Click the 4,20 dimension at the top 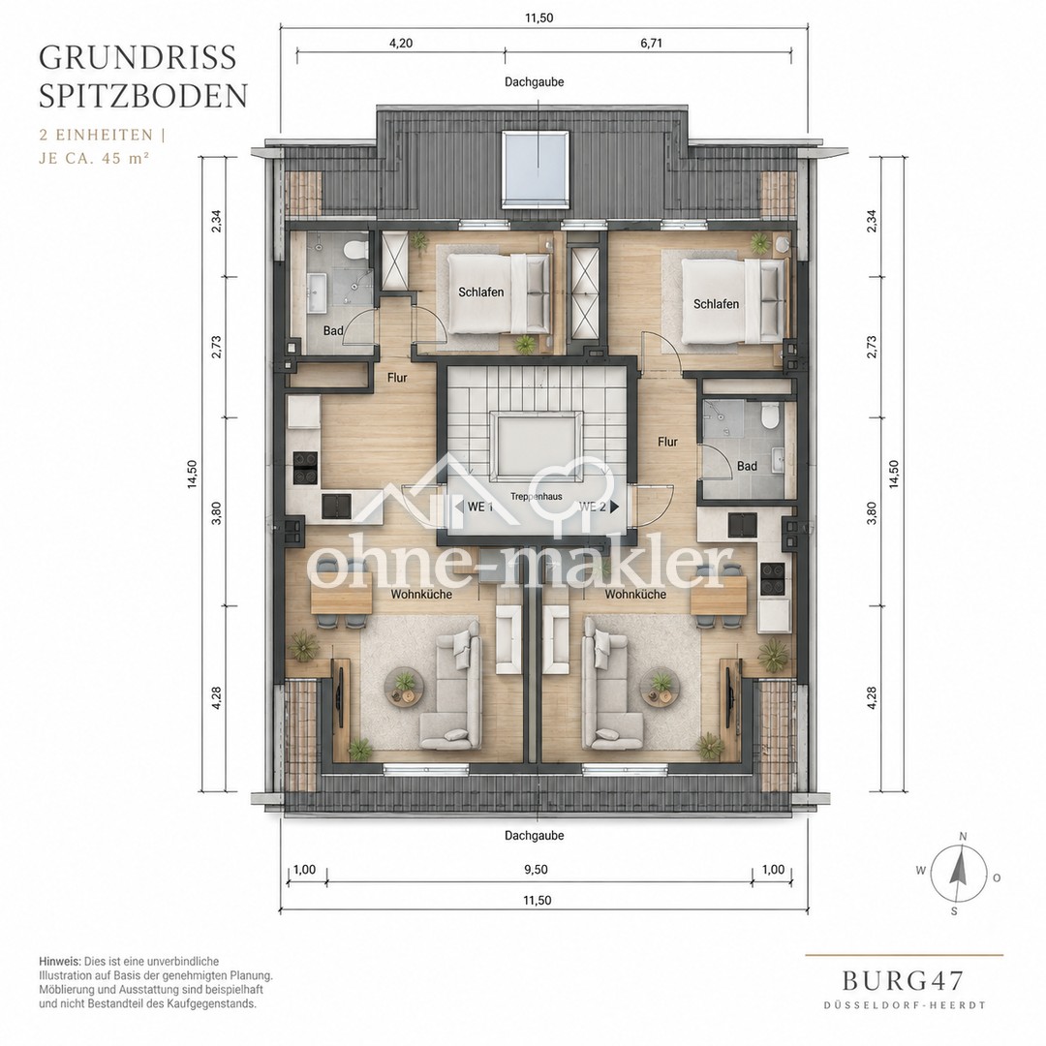point(400,44)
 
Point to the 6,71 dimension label point(651,44)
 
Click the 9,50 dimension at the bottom point(536,869)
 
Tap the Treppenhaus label point(537,496)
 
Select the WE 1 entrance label point(479,507)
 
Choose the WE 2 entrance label point(593,507)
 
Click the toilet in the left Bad point(354,251)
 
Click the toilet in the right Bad point(770,415)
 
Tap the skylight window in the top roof point(536,168)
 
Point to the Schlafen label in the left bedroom point(481,292)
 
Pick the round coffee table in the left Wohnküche point(404,688)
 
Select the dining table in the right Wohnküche point(719,595)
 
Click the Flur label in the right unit point(667,442)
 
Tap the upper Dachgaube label point(535,82)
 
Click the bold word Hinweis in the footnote point(60,962)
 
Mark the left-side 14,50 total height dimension point(193,475)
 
